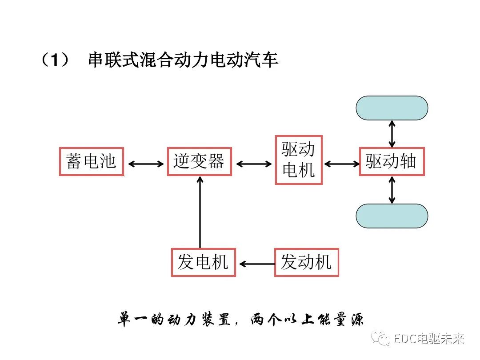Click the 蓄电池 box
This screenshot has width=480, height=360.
click(x=91, y=161)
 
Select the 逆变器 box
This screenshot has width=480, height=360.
click(x=200, y=161)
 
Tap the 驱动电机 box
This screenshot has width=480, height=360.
click(x=299, y=160)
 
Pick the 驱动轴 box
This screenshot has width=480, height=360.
click(x=392, y=161)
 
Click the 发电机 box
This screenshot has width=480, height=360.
click(x=204, y=263)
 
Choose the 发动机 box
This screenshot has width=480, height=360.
click(x=306, y=263)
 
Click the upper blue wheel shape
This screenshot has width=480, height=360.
click(x=392, y=108)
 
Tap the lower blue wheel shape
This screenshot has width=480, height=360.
click(x=392, y=216)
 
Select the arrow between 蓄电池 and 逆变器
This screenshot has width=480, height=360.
click(x=146, y=164)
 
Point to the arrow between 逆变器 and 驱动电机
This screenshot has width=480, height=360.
click(x=254, y=164)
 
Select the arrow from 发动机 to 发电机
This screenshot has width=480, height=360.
click(x=256, y=264)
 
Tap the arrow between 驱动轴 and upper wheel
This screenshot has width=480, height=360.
click(x=392, y=133)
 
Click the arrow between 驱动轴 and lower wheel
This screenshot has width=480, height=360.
click(x=392, y=190)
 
